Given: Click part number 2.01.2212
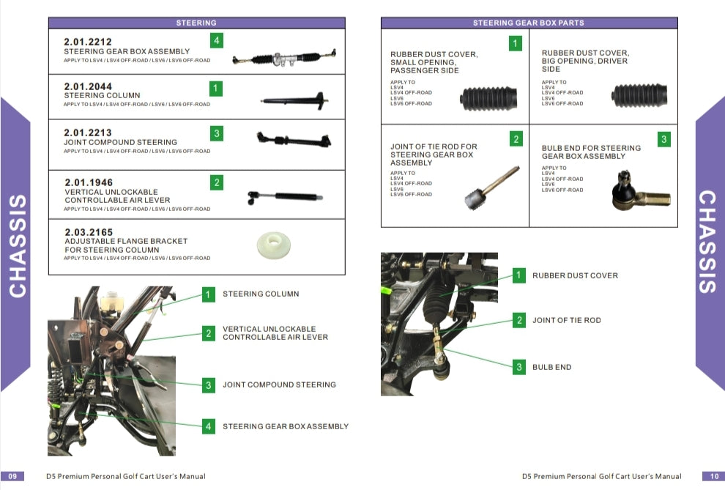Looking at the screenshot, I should [x=88, y=42].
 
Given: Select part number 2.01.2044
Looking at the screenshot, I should [x=88, y=86].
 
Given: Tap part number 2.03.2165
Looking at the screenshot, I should [x=88, y=232].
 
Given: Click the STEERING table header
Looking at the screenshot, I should [x=196, y=23].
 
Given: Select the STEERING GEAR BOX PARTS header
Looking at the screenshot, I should [x=528, y=23].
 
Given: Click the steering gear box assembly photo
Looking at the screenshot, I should [x=284, y=58].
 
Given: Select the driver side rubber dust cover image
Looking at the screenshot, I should [x=639, y=96].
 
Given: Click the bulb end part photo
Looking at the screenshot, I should [x=639, y=193].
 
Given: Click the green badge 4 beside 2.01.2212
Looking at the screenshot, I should [x=217, y=40].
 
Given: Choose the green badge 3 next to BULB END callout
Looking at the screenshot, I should [x=519, y=367].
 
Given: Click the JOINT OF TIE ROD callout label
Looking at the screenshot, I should [x=566, y=320].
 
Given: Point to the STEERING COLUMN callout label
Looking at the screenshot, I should [x=261, y=294].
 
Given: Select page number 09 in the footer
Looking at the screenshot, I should [x=13, y=476].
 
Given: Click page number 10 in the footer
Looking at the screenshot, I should [x=713, y=476].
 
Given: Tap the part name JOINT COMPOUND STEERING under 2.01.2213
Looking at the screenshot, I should [x=120, y=142].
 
